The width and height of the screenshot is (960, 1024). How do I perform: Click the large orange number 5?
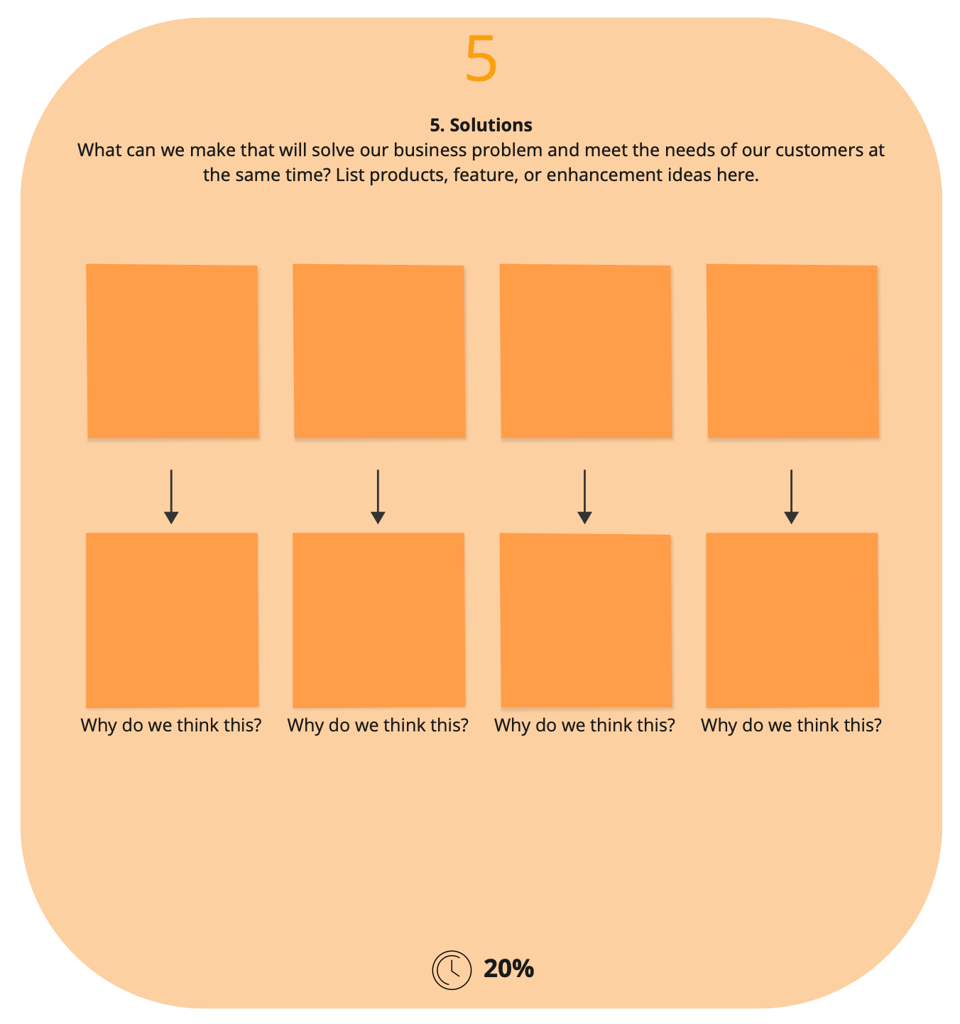(x=481, y=58)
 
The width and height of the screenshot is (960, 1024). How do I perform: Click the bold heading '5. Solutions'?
(x=481, y=125)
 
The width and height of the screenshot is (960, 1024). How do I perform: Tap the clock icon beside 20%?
(x=451, y=970)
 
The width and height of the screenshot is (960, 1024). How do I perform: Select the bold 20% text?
(x=508, y=969)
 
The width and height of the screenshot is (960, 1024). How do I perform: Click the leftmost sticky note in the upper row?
(x=173, y=351)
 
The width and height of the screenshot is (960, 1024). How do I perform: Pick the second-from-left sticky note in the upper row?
(x=379, y=351)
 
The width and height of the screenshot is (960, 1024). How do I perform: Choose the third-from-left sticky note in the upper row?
(x=586, y=351)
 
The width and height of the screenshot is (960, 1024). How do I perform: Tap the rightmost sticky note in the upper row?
(x=792, y=351)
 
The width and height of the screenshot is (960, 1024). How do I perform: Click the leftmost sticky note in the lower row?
(x=173, y=620)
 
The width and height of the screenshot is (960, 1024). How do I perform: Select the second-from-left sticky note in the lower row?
(x=379, y=620)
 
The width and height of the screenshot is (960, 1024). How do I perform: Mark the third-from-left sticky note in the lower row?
(x=586, y=620)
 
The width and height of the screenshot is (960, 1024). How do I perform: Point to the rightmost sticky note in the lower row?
(x=792, y=620)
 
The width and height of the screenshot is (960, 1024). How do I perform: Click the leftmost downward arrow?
(x=171, y=496)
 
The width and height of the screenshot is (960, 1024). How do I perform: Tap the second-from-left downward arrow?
(x=378, y=496)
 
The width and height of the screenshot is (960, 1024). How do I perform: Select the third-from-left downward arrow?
(x=584, y=496)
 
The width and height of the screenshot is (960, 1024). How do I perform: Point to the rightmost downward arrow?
(x=791, y=496)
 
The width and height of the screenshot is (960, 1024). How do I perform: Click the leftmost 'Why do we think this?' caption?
(x=171, y=726)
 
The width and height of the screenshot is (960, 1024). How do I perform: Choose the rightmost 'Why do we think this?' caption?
(x=791, y=726)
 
